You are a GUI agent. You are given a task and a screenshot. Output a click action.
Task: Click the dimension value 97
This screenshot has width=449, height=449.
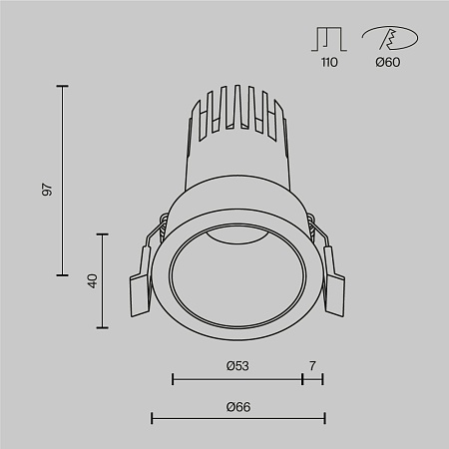point(48,189)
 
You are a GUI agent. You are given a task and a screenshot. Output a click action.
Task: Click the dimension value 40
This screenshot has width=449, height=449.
point(92,280)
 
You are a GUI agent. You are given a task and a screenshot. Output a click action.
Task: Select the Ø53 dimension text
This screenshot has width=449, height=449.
point(237,366)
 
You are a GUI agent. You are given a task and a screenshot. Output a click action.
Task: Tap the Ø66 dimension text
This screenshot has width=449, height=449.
point(237,406)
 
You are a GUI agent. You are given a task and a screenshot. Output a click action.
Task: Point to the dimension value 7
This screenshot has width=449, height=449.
point(312,366)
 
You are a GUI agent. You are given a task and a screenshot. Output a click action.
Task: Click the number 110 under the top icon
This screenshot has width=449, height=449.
point(329,63)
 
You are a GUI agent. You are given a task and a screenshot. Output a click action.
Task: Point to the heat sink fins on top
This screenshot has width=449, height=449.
point(237,110)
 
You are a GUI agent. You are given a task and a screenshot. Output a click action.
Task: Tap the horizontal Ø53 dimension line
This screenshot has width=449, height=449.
point(237,379)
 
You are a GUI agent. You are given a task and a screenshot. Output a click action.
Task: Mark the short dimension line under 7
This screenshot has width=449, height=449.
point(312,379)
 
